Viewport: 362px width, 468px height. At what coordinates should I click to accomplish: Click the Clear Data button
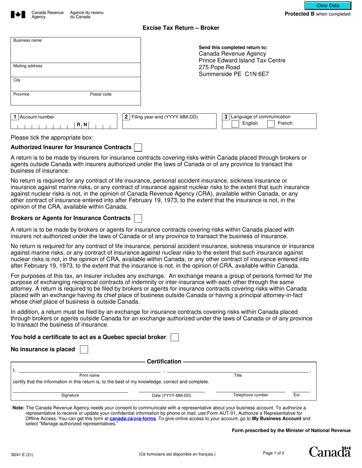click(328, 6)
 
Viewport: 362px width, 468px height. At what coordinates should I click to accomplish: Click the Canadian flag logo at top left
click(18, 15)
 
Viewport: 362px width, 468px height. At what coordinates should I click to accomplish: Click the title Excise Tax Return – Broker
click(181, 28)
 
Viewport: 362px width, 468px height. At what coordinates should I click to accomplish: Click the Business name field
click(75, 51)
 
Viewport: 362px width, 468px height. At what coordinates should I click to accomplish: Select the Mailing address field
click(75, 71)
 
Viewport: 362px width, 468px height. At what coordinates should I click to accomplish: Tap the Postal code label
click(101, 94)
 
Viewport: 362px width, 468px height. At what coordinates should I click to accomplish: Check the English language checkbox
click(235, 124)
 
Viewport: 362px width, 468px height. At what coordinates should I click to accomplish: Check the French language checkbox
click(271, 124)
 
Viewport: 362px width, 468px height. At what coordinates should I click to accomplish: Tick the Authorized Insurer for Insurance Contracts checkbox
click(139, 147)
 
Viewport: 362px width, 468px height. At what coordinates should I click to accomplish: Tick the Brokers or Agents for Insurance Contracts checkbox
click(138, 218)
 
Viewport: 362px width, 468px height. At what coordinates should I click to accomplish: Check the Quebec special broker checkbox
click(175, 337)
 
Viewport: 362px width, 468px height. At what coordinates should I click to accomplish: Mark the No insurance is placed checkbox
click(84, 349)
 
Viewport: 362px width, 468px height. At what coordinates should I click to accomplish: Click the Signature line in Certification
click(70, 392)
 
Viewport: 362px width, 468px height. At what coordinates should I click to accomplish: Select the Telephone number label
click(250, 395)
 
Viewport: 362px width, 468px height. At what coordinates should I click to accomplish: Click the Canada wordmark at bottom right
click(330, 452)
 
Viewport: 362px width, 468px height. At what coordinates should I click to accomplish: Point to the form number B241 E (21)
click(22, 454)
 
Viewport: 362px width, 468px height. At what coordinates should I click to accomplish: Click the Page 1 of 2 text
click(274, 453)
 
